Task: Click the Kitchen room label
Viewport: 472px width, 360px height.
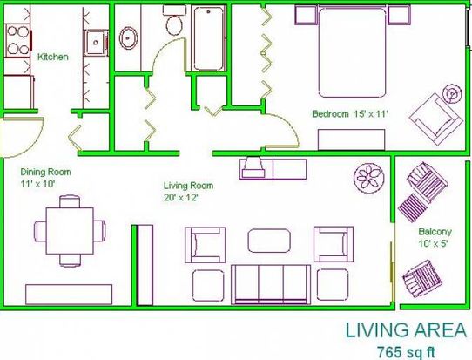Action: pos(53,57)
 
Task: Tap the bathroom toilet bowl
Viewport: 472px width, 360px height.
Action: pos(174,24)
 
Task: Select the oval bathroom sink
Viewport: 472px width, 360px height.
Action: pos(129,38)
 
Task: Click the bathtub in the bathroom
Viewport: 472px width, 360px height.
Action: pos(209,38)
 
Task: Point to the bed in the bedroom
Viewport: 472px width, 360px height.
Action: pos(352,52)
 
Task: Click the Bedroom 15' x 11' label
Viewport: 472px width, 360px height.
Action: pos(350,114)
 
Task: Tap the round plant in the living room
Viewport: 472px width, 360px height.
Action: pos(368,178)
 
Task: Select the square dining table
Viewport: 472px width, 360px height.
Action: pos(70,231)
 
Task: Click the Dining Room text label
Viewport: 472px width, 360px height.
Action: pos(46,172)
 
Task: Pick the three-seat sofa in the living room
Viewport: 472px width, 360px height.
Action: pos(271,284)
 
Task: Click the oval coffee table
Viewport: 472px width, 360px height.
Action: pos(269,241)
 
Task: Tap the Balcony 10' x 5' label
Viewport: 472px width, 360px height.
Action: pos(435,237)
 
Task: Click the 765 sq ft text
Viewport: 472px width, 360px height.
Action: pos(406,351)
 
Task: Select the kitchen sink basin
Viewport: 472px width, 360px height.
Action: pos(96,42)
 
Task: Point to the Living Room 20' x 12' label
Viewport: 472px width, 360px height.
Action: pos(188,191)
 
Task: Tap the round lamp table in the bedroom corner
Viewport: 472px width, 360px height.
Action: pos(451,94)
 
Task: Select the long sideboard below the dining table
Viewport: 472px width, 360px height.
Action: pos(69,295)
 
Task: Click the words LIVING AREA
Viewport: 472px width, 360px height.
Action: pos(406,330)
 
